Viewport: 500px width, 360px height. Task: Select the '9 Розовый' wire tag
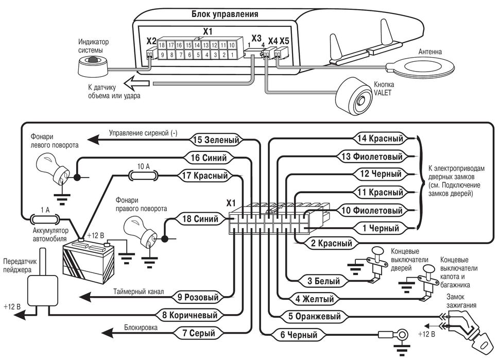tap(198, 297)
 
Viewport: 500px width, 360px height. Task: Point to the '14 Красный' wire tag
tap(381, 138)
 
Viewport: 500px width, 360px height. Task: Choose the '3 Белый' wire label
tap(323, 281)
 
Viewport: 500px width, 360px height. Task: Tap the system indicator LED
tap(93, 63)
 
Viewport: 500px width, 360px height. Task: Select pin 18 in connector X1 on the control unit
tap(163, 45)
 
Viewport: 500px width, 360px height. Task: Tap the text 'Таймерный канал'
tap(139, 292)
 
